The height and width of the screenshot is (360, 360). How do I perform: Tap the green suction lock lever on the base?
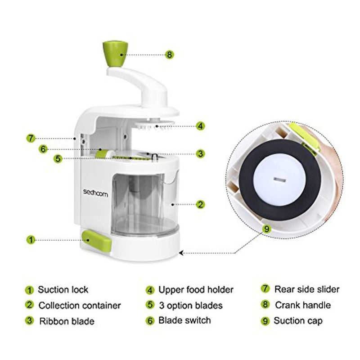(x=96, y=240)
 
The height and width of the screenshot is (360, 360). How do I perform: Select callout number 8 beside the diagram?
(x=169, y=55)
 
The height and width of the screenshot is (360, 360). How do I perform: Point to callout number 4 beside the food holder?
(x=200, y=126)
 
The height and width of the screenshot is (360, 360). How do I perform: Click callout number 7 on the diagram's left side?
(x=31, y=138)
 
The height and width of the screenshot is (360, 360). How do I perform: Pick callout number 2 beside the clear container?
(x=201, y=204)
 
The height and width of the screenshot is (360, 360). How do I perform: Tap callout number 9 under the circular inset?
(x=266, y=228)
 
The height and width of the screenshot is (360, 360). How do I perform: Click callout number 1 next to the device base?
(x=31, y=240)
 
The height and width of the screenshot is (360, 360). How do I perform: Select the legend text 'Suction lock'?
(x=63, y=290)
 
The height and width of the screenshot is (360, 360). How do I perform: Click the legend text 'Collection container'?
(x=80, y=306)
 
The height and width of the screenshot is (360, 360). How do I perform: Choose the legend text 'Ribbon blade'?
(x=67, y=321)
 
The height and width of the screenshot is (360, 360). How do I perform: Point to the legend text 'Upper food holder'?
(x=196, y=290)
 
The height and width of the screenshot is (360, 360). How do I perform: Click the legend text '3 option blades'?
(x=191, y=306)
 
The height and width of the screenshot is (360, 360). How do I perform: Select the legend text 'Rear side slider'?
(x=307, y=289)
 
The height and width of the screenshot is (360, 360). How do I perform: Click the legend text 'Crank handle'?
(x=303, y=305)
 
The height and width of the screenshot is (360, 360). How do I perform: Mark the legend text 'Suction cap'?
(x=298, y=321)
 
